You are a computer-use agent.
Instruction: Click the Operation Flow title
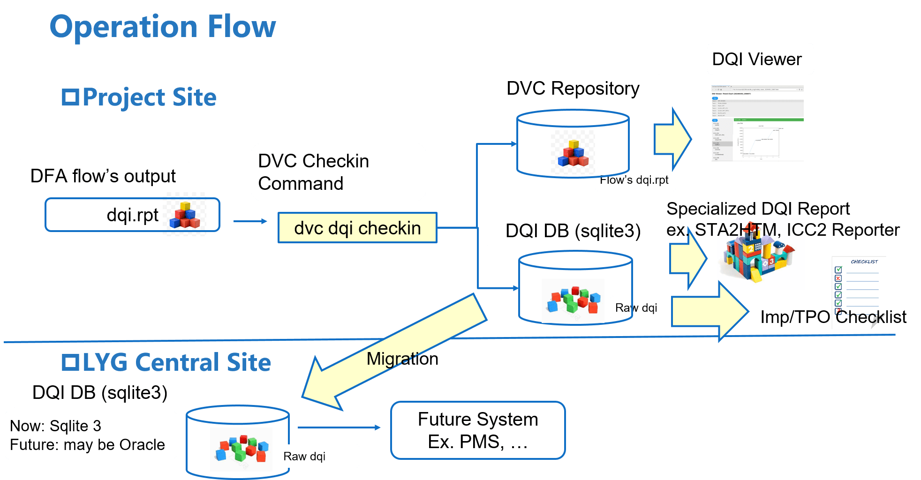click(163, 27)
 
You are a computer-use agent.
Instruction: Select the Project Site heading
click(140, 97)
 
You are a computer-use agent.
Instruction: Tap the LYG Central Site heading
click(167, 362)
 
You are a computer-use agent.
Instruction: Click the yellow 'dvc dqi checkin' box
click(357, 228)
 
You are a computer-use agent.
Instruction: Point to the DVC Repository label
click(573, 89)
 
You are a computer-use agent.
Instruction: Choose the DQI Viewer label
click(760, 60)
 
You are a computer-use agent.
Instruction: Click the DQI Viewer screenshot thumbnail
click(757, 123)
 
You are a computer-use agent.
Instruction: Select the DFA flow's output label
click(103, 176)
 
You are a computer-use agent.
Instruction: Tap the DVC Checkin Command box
click(338, 172)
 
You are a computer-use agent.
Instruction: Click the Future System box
click(478, 430)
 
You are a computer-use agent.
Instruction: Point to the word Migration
click(402, 359)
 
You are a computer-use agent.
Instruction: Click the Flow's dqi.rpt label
click(634, 180)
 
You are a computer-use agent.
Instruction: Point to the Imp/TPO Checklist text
click(833, 317)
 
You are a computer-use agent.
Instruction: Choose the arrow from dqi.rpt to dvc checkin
click(249, 221)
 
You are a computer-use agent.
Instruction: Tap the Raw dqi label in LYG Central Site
click(305, 457)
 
